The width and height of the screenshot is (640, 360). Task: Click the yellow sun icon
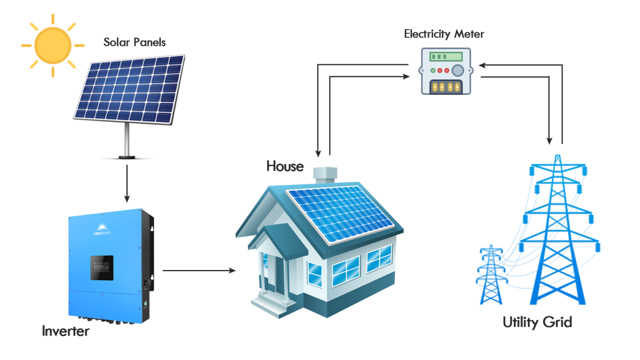coord(52,46)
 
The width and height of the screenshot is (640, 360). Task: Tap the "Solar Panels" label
coord(134,42)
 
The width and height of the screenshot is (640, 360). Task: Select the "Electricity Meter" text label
coord(444,34)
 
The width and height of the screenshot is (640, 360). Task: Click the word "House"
coord(285,166)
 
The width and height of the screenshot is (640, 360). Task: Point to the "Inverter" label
coord(65,331)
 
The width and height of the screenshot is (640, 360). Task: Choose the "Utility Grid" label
coord(537,322)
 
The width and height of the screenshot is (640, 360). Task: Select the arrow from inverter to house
coord(199,270)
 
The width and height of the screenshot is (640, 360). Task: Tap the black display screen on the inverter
coord(102,268)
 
